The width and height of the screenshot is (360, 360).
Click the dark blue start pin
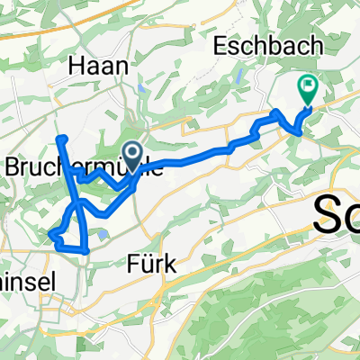tap(132, 155)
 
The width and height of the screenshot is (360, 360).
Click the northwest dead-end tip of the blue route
tap(61, 138)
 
